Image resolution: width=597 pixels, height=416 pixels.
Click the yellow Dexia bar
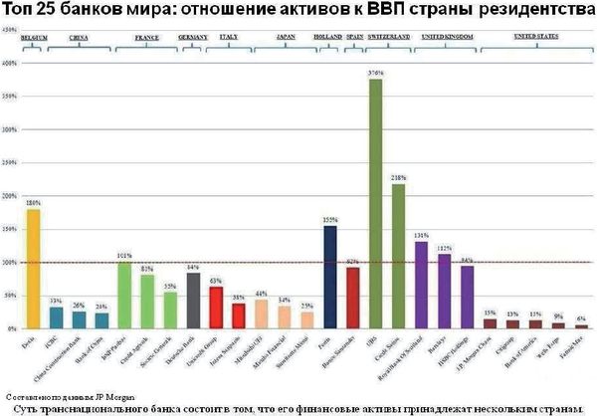coord(33,269)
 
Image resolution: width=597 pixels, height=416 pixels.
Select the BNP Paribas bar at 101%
coord(124,295)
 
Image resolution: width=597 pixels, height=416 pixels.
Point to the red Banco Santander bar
coord(352,298)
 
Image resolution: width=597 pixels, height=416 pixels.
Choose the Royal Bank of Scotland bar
coord(421,285)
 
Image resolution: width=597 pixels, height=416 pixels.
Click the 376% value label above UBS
coord(375,74)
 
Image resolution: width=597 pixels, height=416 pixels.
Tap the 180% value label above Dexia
coord(33,204)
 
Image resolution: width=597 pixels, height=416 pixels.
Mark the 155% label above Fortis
coord(330,220)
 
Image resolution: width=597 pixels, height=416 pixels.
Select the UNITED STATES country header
coord(533,36)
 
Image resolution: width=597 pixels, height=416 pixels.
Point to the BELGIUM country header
coord(34,36)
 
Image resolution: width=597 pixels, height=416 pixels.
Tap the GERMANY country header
coord(192,36)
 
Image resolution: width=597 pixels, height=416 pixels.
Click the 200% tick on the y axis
coord(9,196)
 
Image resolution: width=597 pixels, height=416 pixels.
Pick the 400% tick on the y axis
coord(9,64)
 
